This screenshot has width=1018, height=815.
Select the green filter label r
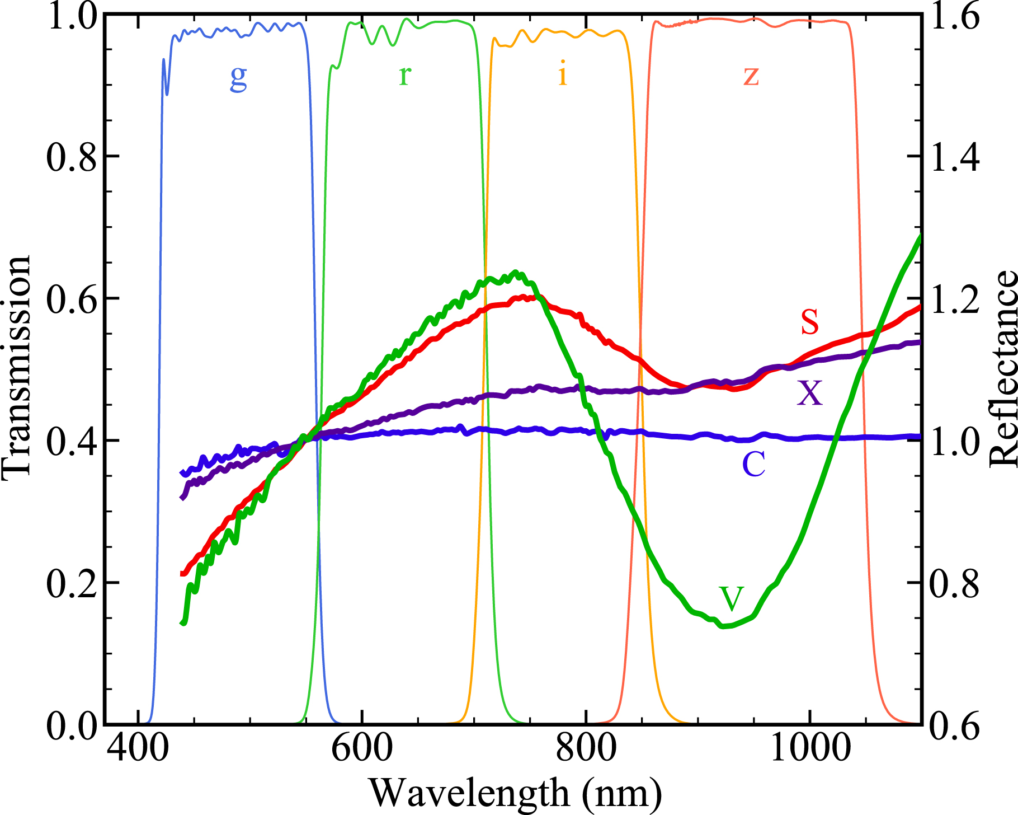pos(405,76)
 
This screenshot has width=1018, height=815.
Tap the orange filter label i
pos(563,74)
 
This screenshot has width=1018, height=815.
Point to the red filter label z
pos(751,76)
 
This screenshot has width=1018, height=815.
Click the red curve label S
pos(809,322)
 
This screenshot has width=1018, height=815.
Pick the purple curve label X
pos(809,393)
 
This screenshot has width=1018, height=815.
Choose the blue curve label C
pos(753,465)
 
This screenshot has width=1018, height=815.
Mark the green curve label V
pos(731,599)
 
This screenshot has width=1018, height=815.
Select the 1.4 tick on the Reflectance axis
pos(954,157)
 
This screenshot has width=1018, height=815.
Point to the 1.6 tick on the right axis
pos(954,17)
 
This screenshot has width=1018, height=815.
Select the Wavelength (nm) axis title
pos(515,794)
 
